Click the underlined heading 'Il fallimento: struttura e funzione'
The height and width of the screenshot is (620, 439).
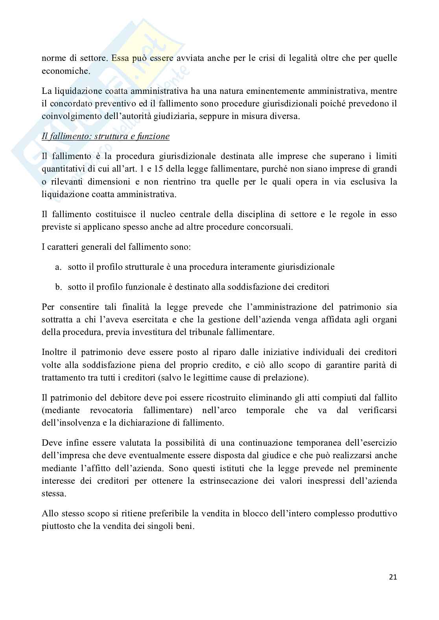tap(105, 137)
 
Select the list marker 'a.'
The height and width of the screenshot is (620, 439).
tap(59, 267)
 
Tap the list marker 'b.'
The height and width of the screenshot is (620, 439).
tap(59, 287)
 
